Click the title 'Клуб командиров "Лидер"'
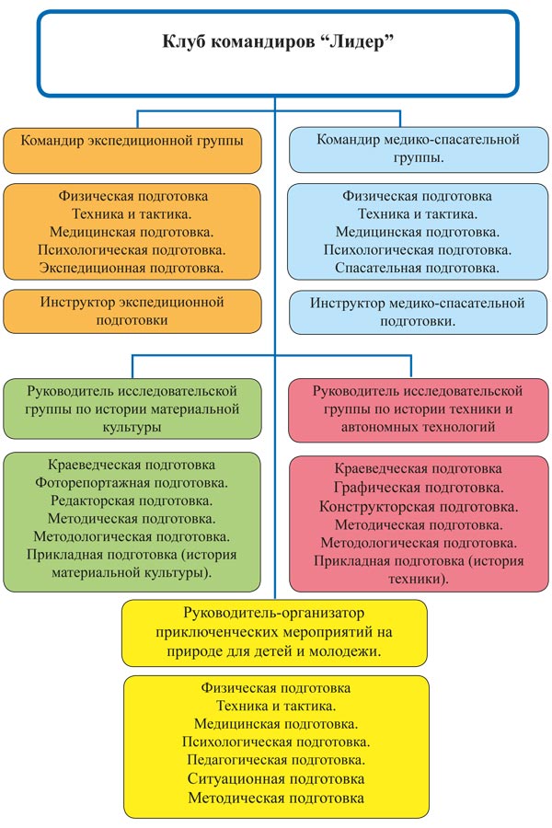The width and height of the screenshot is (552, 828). pos(278,41)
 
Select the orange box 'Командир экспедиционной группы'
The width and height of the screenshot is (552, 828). pos(132,151)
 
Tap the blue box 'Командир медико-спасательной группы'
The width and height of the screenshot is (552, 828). pos(419,149)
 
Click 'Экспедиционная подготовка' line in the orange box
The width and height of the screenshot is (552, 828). pos(132,268)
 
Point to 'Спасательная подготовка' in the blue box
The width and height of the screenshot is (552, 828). pos(418,268)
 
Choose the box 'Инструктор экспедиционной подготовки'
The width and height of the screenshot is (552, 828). pos(132,312)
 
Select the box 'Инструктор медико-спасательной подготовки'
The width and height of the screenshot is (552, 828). pos(419,313)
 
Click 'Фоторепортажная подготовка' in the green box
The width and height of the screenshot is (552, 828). pos(132,483)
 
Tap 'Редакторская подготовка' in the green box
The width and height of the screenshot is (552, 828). pos(132,500)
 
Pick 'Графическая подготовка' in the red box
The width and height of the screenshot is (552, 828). pos(419,488)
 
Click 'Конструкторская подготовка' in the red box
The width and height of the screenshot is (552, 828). pos(419,507)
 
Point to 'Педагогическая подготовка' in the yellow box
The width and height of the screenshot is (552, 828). pos(276,760)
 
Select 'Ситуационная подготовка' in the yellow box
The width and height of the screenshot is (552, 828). pos(276,779)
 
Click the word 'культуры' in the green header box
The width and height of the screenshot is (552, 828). pos(132,427)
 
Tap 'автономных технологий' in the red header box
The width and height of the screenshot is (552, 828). pos(418,427)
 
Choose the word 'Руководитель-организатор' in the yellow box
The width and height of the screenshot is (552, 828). pos(273,613)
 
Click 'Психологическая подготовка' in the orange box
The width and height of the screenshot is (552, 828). pos(132,249)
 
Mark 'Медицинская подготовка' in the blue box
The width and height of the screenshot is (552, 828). pos(418,232)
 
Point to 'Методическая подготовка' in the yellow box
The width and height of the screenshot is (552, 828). pos(276,798)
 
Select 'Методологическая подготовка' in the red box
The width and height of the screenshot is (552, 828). pos(419,543)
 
